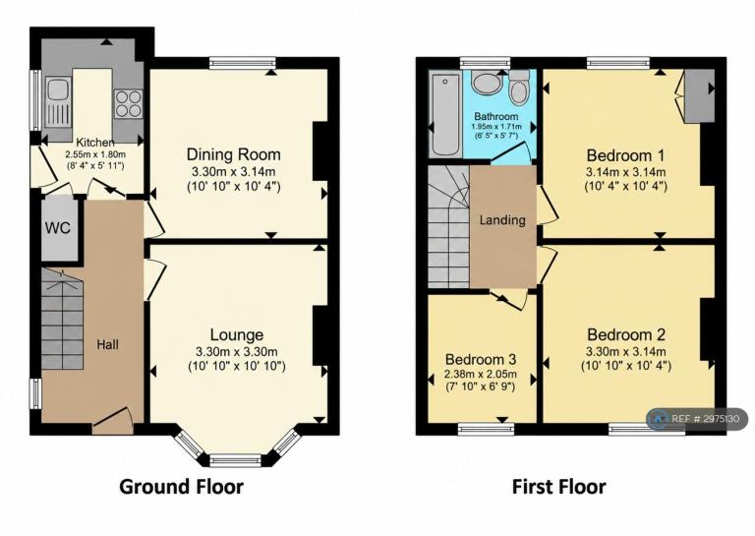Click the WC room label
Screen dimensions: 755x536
pos(58,227)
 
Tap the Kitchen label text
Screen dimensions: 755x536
pos(95,143)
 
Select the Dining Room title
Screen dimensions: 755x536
pos(234,154)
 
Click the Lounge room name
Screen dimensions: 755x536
pos(236,335)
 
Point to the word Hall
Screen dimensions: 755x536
pos(107,345)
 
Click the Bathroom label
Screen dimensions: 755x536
pos(495,116)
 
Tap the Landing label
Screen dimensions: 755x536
pos(502,220)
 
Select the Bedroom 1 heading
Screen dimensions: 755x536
pos(625,155)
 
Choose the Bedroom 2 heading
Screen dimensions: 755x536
pos(626,334)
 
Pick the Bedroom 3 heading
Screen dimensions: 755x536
pos(481,360)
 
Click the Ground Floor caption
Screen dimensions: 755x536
pos(181,487)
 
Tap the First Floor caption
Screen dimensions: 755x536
pos(558,487)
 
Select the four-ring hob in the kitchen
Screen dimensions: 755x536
pos(129,103)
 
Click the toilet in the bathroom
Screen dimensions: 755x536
pos(519,88)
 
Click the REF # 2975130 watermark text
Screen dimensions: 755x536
pos(705,419)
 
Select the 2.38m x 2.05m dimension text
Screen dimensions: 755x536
pos(481,374)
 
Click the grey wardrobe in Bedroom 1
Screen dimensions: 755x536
pos(699,96)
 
